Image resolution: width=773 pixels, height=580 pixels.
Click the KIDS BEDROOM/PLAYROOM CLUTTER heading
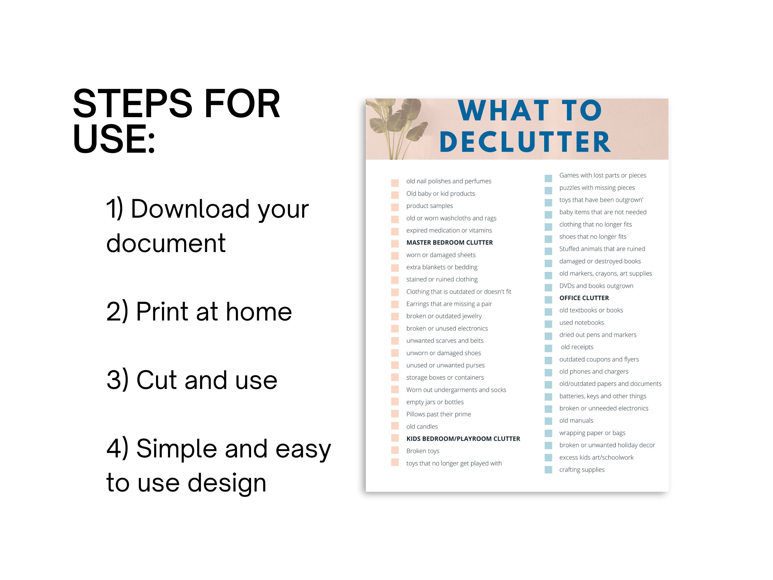pyautogui.click(x=463, y=439)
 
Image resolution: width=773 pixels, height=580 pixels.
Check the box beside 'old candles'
pyautogui.click(x=395, y=426)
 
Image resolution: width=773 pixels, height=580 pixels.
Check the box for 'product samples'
pyautogui.click(x=395, y=207)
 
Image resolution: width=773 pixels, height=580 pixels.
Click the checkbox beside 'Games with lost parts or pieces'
pyautogui.click(x=548, y=178)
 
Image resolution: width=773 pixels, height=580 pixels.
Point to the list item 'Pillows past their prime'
pyautogui.click(x=438, y=414)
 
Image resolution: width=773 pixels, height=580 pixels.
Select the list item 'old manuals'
pyautogui.click(x=576, y=420)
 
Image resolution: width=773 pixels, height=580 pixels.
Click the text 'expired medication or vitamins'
pyautogui.click(x=449, y=230)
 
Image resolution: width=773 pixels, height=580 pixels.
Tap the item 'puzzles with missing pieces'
pyautogui.click(x=597, y=188)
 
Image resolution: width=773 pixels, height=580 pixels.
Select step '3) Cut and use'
pyautogui.click(x=192, y=380)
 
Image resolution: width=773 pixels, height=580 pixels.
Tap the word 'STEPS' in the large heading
pyautogui.click(x=133, y=104)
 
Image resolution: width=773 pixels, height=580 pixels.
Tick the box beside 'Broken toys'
pyautogui.click(x=395, y=450)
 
